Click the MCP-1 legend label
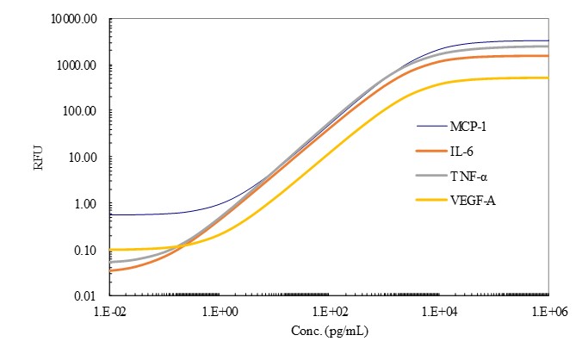470,127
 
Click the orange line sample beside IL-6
428,151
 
